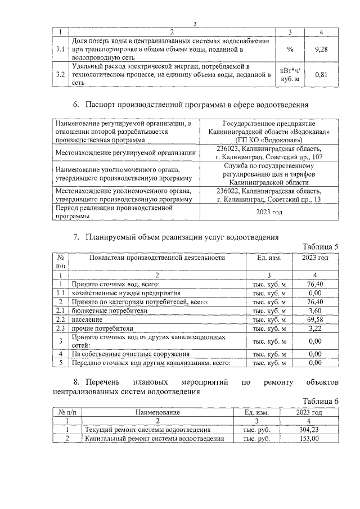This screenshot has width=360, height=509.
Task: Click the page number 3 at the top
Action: [195, 23]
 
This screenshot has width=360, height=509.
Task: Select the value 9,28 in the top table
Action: [321, 49]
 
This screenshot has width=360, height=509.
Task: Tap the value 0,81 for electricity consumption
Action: [321, 74]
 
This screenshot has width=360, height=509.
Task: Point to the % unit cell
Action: [290, 49]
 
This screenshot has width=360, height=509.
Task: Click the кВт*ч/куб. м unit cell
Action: [290, 74]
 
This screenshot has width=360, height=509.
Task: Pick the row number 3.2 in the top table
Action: [60, 74]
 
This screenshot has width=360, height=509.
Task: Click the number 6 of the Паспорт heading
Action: [76, 105]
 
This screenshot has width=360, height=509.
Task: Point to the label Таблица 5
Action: [321, 247]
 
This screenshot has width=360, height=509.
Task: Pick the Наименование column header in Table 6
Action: [158, 412]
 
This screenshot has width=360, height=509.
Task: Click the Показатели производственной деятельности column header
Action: [157, 258]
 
